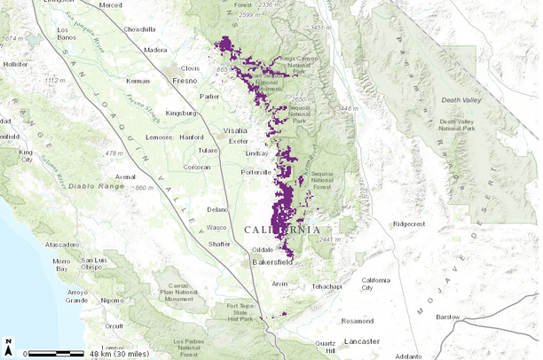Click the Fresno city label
click(185, 81)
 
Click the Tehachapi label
click(326, 286)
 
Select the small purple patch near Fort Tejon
click(283, 314)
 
